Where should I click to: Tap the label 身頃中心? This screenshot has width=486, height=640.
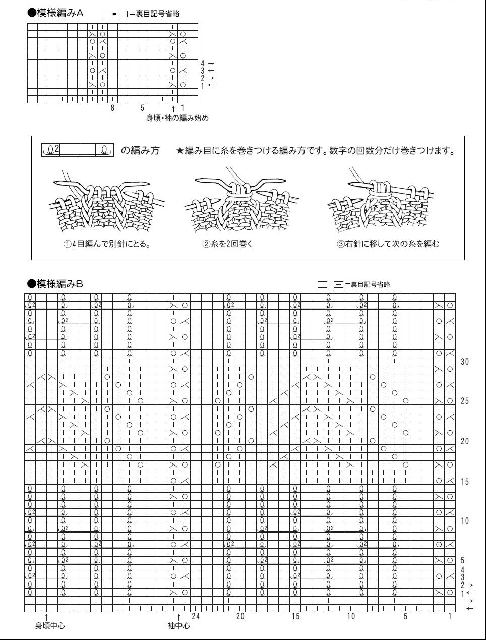pos(50,626)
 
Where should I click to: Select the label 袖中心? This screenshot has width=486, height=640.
pos(179,626)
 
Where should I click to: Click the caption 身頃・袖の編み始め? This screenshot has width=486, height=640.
pos(177,118)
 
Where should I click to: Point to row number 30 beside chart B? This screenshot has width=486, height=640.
pos(465,362)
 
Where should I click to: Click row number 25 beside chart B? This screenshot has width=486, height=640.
pos(465,401)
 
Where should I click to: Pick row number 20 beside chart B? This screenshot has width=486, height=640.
pos(465,441)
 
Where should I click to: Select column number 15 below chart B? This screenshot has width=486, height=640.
pos(295,616)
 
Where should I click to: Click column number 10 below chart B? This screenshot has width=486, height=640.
pos(351,616)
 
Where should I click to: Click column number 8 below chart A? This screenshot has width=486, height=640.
pos(113,108)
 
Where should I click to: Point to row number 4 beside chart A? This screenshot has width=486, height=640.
pos(203,63)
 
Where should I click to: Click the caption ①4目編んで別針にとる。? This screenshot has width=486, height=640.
pos(107,244)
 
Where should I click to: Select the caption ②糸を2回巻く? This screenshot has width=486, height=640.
pos(227,244)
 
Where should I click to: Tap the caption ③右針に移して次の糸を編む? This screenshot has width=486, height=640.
pos(388,244)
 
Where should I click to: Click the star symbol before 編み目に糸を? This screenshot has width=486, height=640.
pos(180,151)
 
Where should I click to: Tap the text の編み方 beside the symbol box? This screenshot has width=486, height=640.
pos(140,150)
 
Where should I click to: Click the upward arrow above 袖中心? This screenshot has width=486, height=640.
pos(178,616)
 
